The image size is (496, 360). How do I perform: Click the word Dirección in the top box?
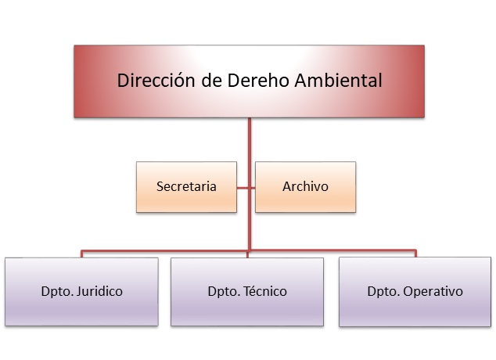tap(156, 80)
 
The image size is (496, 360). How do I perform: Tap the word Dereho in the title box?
tap(258, 80)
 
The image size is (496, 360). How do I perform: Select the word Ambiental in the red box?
tap(338, 80)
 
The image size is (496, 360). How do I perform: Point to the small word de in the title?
tap(211, 80)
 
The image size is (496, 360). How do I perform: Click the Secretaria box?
tap(186, 187)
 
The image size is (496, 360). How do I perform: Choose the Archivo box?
tap(306, 187)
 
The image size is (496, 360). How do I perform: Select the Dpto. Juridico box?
tap(81, 292)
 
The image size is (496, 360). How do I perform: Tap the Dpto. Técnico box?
tap(247, 292)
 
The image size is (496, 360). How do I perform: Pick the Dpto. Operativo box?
tap(415, 292)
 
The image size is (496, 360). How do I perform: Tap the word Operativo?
tap(433, 291)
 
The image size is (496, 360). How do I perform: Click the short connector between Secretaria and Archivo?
tap(246, 188)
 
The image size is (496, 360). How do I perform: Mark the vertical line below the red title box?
tap(250, 184)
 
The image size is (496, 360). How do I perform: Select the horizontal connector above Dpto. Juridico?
tap(164, 252)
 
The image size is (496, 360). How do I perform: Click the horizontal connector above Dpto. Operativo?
tap(332, 251)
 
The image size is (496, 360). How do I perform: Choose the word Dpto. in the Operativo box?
tap(383, 292)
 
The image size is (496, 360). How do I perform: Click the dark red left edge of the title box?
tap(77, 81)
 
